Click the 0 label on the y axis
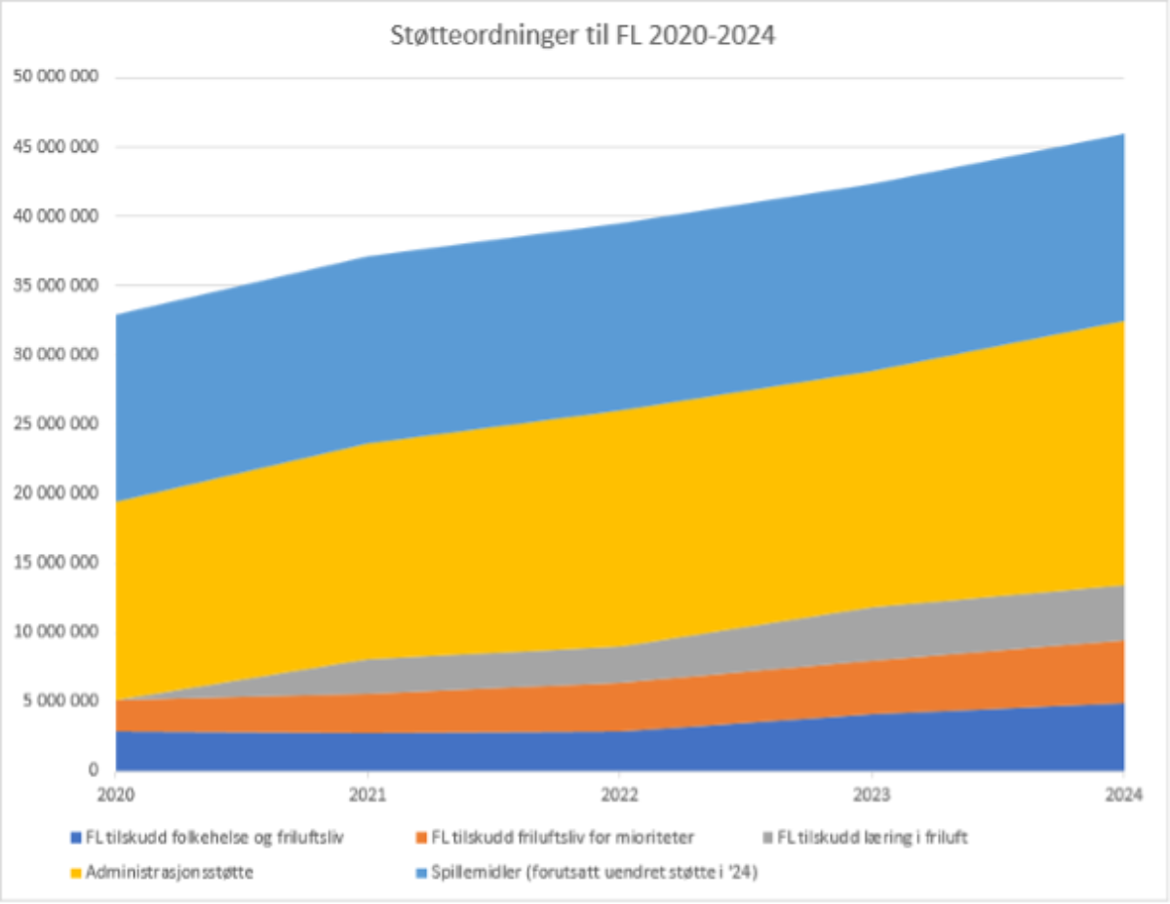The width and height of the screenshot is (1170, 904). (x=96, y=770)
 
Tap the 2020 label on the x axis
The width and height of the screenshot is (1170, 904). (x=116, y=793)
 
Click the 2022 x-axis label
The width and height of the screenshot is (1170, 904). (x=619, y=793)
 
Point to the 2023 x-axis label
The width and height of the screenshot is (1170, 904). (x=872, y=793)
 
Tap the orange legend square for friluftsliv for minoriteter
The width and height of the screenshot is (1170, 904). (x=420, y=838)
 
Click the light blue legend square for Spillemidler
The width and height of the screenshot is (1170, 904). (x=420, y=873)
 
